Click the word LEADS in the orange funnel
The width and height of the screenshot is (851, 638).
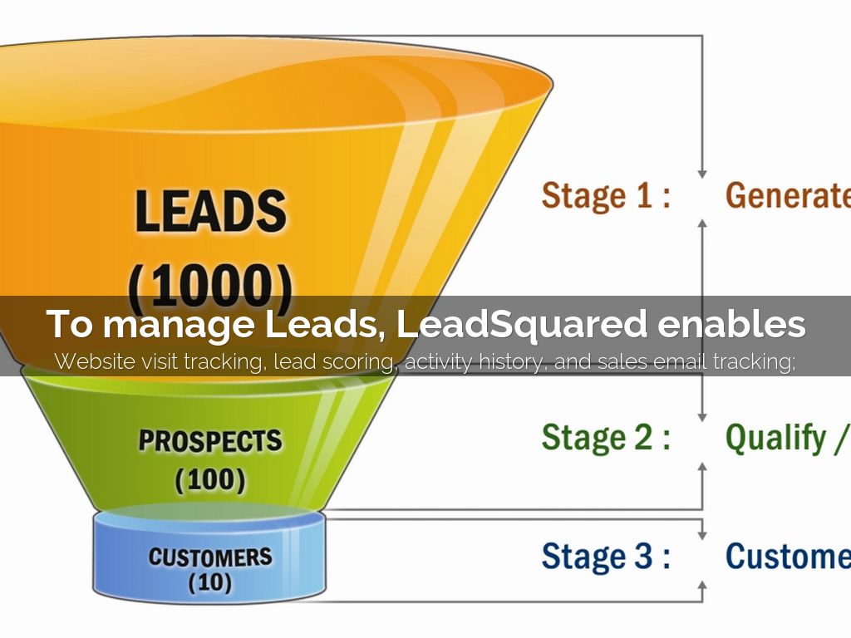point(210,213)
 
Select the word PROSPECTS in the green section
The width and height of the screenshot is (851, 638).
point(210,440)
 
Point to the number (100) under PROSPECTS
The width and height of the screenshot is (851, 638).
point(210,479)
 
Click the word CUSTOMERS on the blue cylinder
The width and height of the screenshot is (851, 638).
point(210,556)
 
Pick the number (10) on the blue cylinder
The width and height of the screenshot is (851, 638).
point(210,583)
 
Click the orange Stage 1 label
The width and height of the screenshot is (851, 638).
point(606,196)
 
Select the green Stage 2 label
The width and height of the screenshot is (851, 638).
point(606,437)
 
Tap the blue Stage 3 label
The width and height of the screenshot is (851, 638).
point(606,556)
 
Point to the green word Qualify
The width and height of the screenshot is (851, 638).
point(776,438)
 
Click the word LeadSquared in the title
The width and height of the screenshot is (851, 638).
point(521,324)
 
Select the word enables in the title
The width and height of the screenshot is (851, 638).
point(731,324)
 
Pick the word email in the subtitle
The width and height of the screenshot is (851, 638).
point(686,361)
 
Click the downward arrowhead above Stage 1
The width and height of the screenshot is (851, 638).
point(702,172)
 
